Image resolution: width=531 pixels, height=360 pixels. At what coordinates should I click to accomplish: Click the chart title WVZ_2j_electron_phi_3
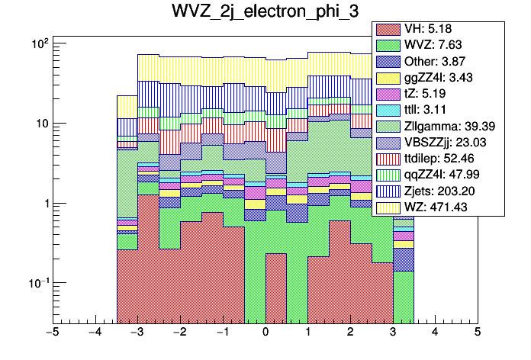pos(265,14)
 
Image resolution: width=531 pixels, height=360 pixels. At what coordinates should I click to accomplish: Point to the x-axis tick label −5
pos(53,333)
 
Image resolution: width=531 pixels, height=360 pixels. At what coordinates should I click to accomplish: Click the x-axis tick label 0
pos(265,333)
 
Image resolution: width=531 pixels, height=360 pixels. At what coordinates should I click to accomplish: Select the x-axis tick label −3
pos(137,333)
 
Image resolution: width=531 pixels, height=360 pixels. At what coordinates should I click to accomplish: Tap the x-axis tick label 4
pos(435,333)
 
